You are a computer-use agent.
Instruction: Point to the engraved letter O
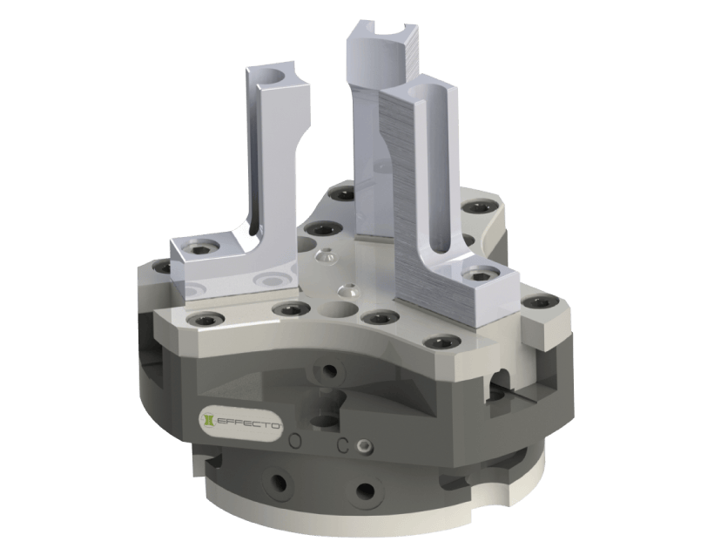(x=296, y=441)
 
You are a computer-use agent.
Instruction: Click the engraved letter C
(x=343, y=445)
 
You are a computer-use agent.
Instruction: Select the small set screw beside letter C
(x=364, y=446)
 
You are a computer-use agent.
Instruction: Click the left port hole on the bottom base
(x=278, y=482)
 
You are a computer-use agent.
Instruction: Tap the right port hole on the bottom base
(x=365, y=491)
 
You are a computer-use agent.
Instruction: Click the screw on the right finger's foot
(x=481, y=276)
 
